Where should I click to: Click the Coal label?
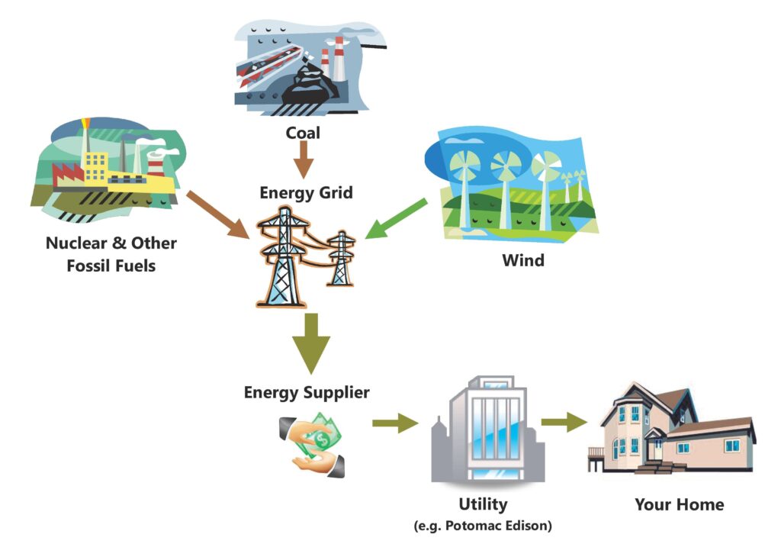coord(303,133)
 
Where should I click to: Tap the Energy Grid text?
coord(306,192)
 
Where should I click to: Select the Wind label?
coord(523,259)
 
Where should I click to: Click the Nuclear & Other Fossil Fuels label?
coord(111,254)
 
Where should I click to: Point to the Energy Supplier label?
coord(307,392)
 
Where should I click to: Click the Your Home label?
coord(679,504)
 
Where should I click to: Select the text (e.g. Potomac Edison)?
coord(483,526)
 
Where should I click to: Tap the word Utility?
coord(483,504)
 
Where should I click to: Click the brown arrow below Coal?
coord(304,159)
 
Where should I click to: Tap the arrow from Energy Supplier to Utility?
coord(396,423)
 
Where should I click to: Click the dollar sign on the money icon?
coord(323,440)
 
